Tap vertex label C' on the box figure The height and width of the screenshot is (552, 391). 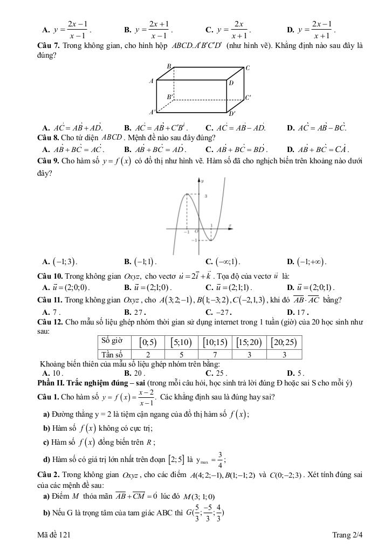(x=248, y=98)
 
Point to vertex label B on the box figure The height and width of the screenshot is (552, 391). (x=168, y=66)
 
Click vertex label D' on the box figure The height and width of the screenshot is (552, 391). (x=232, y=114)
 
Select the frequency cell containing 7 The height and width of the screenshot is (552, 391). (x=215, y=354)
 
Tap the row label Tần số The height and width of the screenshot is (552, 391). (x=112, y=354)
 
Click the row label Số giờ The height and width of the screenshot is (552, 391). (x=112, y=341)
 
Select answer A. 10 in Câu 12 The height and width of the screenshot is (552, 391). (x=53, y=372)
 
